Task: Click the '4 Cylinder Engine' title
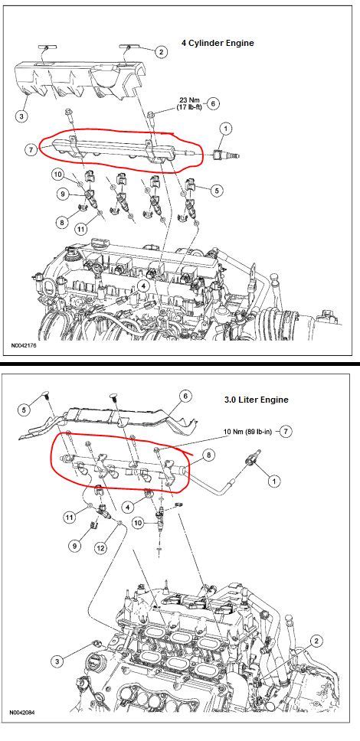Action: [217, 44]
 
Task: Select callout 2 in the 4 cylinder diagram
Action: [162, 52]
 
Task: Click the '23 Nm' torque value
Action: [188, 100]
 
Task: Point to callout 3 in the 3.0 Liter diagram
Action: [57, 661]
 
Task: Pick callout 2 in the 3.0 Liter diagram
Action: [316, 639]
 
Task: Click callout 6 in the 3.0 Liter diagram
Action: [185, 396]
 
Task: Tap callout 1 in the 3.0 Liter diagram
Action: [272, 481]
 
